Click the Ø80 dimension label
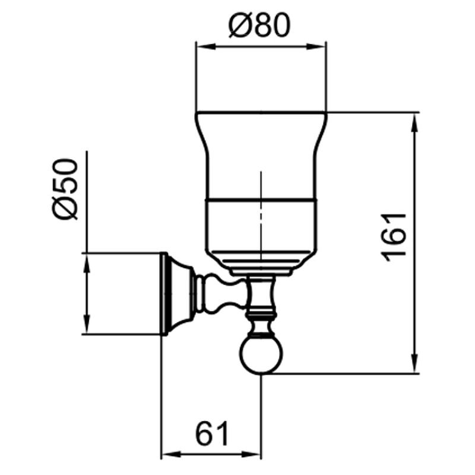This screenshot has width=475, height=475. pyautogui.click(x=259, y=26)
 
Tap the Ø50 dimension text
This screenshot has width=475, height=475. pyautogui.click(x=65, y=189)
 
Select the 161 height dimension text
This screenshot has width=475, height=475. pyautogui.click(x=393, y=237)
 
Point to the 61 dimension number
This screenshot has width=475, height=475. pyautogui.click(x=213, y=433)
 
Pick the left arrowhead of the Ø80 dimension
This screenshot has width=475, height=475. pyautogui.click(x=205, y=46)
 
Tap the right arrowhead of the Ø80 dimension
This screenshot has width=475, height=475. pyautogui.click(x=317, y=46)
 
